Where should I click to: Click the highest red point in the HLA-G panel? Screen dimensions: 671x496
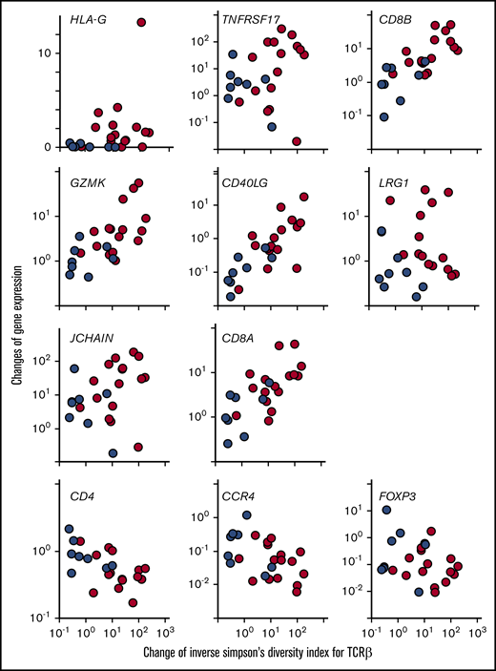(x=141, y=22)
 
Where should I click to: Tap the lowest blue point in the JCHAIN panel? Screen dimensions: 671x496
(x=113, y=453)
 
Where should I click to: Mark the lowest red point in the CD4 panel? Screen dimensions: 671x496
(x=133, y=602)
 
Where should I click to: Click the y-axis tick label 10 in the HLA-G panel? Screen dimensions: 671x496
(x=47, y=52)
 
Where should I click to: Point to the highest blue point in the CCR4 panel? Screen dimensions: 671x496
(x=246, y=515)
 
